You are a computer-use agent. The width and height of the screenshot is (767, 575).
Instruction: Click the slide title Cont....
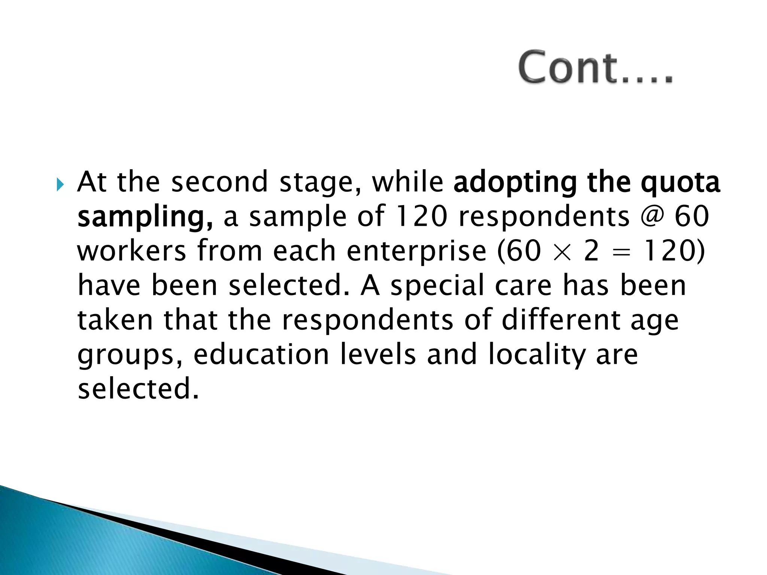(x=595, y=68)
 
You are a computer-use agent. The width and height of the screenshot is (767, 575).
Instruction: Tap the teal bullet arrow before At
(x=60, y=185)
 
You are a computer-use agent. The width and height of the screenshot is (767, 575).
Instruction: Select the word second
(x=219, y=182)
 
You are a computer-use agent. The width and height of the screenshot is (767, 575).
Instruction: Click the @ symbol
(x=652, y=216)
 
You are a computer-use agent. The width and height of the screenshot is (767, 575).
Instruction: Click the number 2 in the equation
(x=591, y=251)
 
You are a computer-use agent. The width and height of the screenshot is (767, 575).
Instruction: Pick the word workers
(x=131, y=251)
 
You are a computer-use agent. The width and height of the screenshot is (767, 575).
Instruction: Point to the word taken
(x=115, y=320)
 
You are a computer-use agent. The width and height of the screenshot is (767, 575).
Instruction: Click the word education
(x=261, y=355)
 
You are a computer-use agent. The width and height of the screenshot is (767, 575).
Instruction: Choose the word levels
(x=378, y=355)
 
